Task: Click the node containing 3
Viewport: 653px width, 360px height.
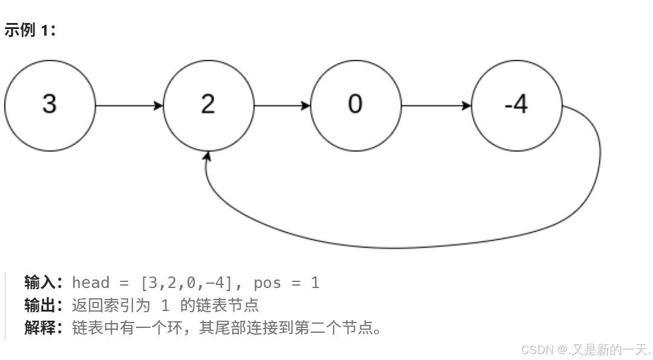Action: coord(50,105)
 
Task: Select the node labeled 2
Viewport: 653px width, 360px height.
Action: coord(208,105)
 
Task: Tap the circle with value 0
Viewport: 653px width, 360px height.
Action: coord(356,105)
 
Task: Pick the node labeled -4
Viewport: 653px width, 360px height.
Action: coord(516,105)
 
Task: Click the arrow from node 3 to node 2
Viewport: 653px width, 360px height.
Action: coord(129,106)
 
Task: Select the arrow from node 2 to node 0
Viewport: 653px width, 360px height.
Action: coord(282,106)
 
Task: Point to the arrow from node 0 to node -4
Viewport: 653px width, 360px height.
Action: coord(435,106)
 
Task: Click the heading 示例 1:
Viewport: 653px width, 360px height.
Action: coord(30,30)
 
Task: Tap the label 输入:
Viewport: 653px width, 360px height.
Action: coord(44,283)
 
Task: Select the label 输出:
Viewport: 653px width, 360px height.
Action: coord(44,305)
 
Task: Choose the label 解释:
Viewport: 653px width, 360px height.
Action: coord(44,328)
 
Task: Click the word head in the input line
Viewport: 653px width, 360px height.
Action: coord(91,283)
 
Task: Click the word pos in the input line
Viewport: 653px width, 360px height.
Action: coord(267,283)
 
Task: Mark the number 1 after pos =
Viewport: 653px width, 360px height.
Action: coord(315,283)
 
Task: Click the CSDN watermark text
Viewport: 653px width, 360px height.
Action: coord(585,349)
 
